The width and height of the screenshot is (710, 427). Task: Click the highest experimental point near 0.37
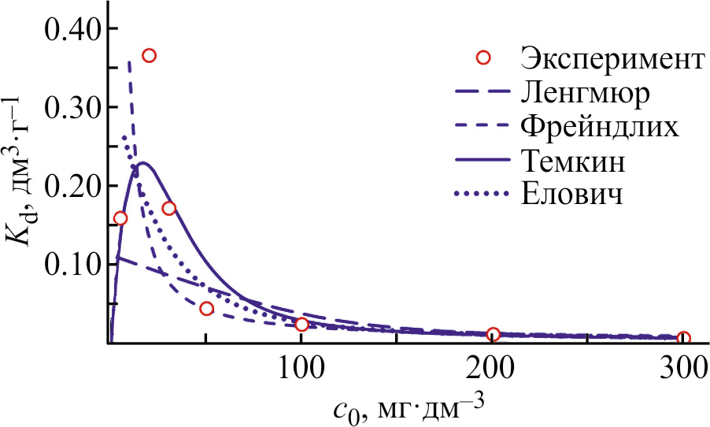pyautogui.click(x=149, y=55)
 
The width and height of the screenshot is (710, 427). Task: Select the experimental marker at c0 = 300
pyautogui.click(x=683, y=338)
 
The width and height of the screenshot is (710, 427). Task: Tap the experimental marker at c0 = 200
pyautogui.click(x=494, y=334)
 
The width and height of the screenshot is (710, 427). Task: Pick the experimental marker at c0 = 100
pyautogui.click(x=301, y=325)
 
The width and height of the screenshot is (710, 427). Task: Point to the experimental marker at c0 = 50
pyautogui.click(x=206, y=308)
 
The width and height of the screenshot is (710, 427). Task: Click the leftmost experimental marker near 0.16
pyautogui.click(x=120, y=218)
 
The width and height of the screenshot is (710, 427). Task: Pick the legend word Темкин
pyautogui.click(x=573, y=160)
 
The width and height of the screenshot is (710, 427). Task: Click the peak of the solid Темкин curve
pyautogui.click(x=142, y=163)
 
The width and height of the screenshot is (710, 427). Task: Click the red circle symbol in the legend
pyautogui.click(x=483, y=57)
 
